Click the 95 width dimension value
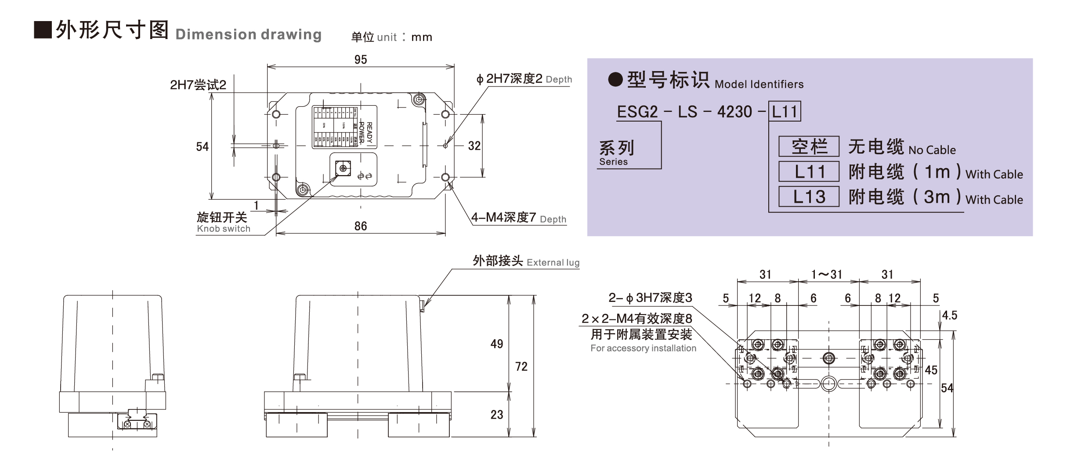[361, 60]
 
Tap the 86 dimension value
[361, 226]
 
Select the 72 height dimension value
[521, 366]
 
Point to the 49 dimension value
[497, 344]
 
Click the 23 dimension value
[497, 415]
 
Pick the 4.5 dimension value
[949, 316]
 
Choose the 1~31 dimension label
[827, 275]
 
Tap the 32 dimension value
[474, 146]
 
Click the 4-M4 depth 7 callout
[518, 218]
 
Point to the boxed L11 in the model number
[785, 111]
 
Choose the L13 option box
[809, 197]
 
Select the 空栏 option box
[809, 147]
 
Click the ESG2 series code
[637, 112]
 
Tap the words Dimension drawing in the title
[248, 34]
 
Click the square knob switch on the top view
[343, 168]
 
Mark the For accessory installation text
[643, 348]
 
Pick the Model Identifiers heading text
[759, 84]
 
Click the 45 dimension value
[931, 370]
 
